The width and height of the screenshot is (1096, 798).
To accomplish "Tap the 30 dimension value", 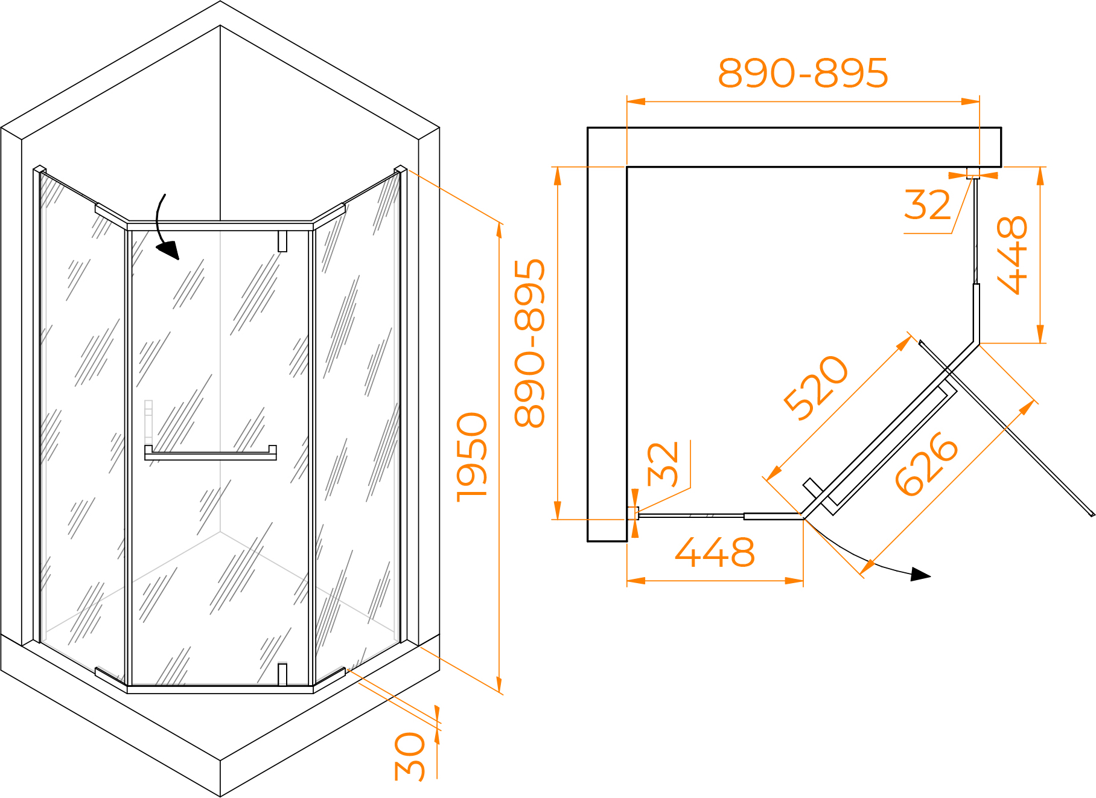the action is click(x=410, y=757).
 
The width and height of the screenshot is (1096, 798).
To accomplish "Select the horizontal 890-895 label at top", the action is click(x=803, y=74).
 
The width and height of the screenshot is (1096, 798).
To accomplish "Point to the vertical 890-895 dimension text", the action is click(x=530, y=343).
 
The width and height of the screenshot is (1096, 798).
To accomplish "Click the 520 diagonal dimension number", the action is click(x=816, y=388).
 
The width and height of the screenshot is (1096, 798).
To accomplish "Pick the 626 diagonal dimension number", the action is click(x=926, y=464).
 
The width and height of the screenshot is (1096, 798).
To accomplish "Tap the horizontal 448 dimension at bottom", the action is click(x=715, y=552).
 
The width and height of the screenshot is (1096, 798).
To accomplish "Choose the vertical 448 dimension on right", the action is click(x=1012, y=255).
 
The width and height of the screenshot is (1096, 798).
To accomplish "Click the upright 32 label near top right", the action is click(x=928, y=205).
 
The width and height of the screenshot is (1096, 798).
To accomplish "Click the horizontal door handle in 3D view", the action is click(x=211, y=453).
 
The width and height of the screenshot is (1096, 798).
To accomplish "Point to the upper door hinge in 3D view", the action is click(x=282, y=241).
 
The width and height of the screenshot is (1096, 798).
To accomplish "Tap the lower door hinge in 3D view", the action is click(x=282, y=674).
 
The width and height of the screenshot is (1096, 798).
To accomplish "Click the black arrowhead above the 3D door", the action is click(x=169, y=249).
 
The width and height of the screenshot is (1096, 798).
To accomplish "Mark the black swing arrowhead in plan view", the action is click(x=920, y=574).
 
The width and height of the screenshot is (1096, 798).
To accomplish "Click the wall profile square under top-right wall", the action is click(x=973, y=173).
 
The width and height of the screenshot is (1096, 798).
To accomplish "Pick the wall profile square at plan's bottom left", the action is click(x=633, y=513).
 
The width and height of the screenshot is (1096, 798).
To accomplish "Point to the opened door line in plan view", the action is click(x=1007, y=429).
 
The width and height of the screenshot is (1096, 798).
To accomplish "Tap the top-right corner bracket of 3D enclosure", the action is click(x=401, y=170).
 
